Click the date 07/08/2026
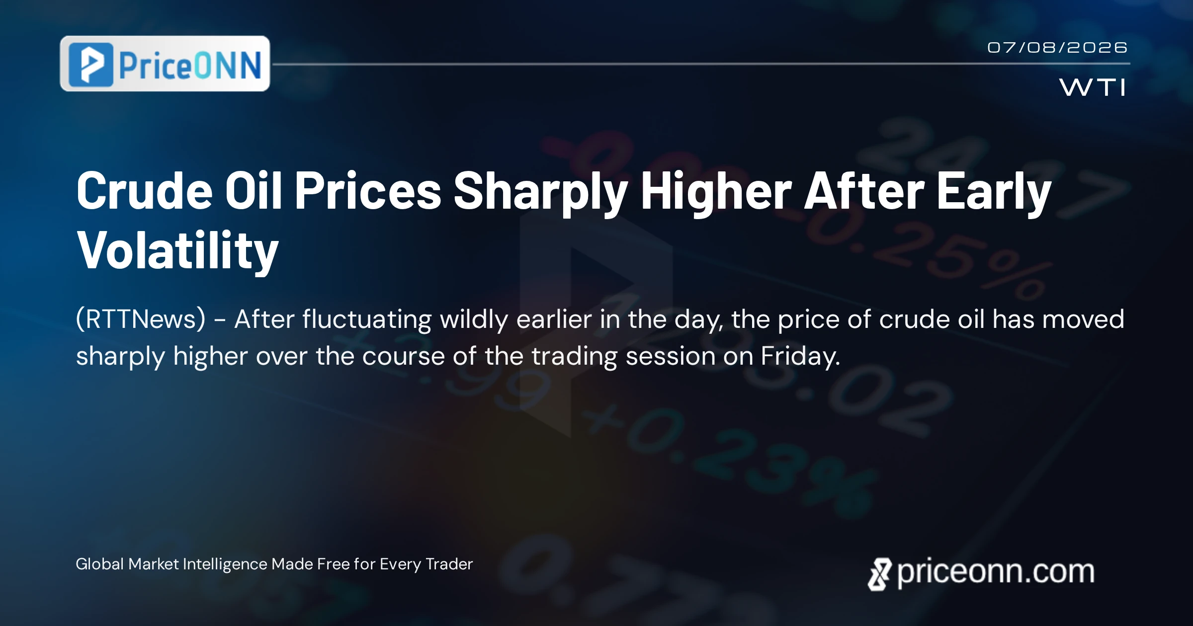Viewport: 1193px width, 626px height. pyautogui.click(x=1057, y=48)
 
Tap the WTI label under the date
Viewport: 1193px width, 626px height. pyautogui.click(x=1093, y=87)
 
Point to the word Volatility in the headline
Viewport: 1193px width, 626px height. pyautogui.click(x=177, y=251)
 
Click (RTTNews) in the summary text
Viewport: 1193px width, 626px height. pyautogui.click(x=141, y=319)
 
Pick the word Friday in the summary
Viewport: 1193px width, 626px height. pyautogui.click(x=800, y=356)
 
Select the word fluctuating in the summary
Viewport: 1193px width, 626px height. pyautogui.click(x=367, y=319)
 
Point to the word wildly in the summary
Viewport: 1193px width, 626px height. pyautogui.click(x=474, y=319)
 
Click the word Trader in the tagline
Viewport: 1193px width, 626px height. pyautogui.click(x=449, y=564)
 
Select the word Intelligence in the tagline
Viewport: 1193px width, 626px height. pyautogui.click(x=226, y=565)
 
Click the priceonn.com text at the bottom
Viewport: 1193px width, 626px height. pyautogui.click(x=996, y=572)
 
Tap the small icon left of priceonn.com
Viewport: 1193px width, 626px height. pyautogui.click(x=880, y=574)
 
